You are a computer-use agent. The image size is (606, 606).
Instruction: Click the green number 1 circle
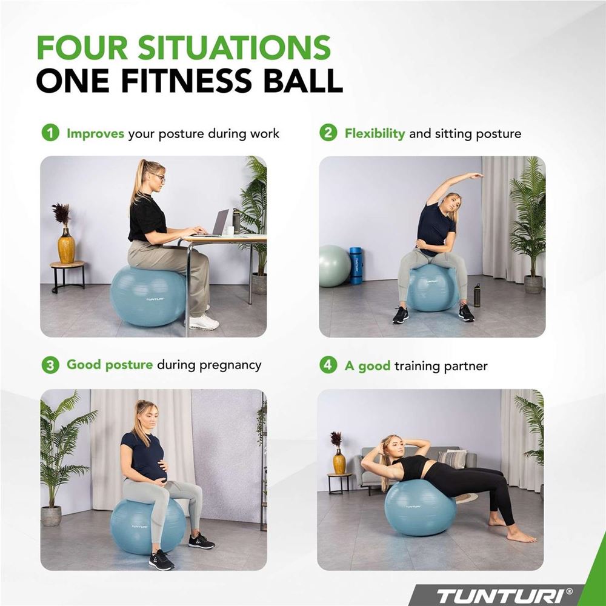point(50,133)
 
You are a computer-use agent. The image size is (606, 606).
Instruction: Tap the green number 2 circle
point(328,133)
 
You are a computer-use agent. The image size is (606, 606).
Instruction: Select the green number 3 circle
point(50,365)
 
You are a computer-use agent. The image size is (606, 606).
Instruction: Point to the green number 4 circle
point(328,365)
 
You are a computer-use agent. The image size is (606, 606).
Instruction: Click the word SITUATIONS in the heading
point(234,47)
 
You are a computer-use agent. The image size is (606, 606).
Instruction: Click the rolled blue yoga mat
point(356,265)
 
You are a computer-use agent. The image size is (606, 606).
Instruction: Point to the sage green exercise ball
point(335,266)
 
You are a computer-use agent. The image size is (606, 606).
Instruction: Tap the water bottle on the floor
point(477,295)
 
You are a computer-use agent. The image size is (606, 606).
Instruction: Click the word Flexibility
point(375,133)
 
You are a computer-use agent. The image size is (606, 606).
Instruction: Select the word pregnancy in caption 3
point(230,365)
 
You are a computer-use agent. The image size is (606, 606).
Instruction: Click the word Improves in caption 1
point(96,134)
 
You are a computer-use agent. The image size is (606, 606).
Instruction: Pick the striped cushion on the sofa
point(452,459)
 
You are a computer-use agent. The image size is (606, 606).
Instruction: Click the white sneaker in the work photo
point(204,322)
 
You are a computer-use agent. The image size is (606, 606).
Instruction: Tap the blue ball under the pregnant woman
point(148,526)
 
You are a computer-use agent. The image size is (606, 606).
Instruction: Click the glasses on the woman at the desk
point(158,178)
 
